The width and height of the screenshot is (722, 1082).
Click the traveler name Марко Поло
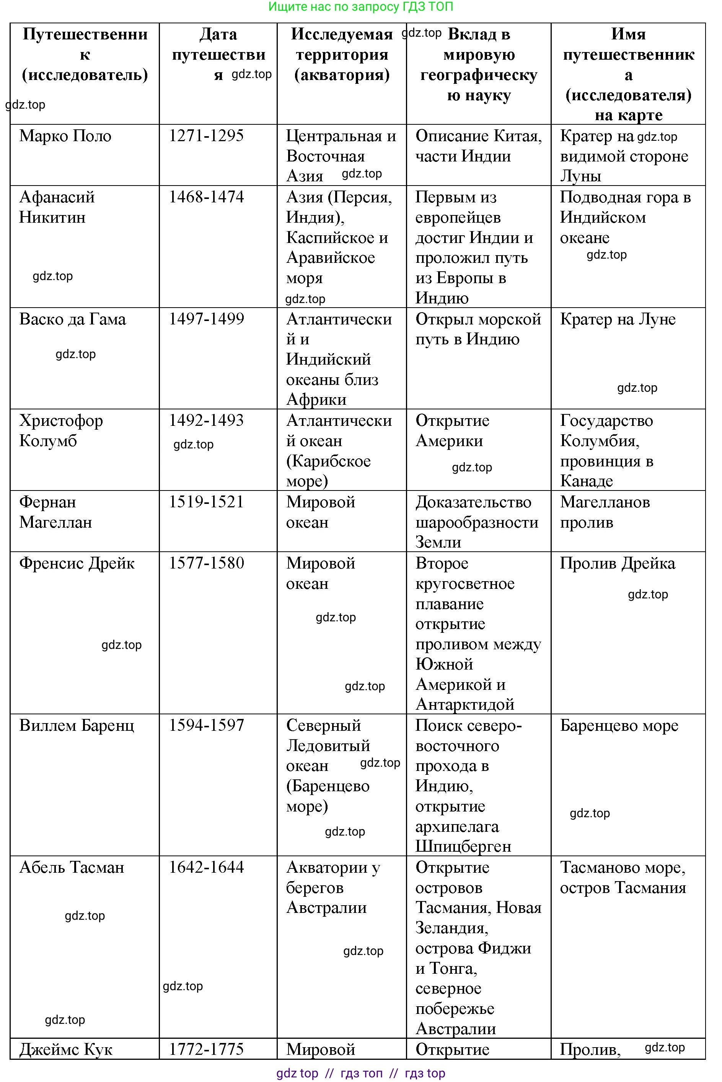(x=65, y=136)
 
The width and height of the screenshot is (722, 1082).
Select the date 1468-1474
(x=206, y=197)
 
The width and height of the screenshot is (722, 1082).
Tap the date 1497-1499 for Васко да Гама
(x=206, y=319)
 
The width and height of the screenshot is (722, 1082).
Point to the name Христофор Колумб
(x=61, y=430)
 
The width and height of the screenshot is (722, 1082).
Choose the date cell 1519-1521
(x=206, y=502)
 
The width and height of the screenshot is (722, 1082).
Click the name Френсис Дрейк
(x=77, y=564)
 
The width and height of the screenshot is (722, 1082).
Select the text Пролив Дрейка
(x=617, y=564)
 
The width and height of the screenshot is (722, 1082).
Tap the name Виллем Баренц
(x=77, y=726)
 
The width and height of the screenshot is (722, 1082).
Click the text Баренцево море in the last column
(x=619, y=726)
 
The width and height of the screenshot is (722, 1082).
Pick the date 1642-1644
(x=206, y=867)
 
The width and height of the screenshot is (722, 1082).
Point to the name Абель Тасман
(x=72, y=867)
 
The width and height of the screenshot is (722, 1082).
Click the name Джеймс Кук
(x=66, y=1049)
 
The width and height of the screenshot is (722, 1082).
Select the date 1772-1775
(x=206, y=1049)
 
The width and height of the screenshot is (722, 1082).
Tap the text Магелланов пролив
(x=605, y=512)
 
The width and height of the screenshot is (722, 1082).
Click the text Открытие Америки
(x=452, y=430)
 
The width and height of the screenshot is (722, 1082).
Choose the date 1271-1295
(x=206, y=136)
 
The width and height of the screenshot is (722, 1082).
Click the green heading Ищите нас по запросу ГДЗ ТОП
(x=360, y=7)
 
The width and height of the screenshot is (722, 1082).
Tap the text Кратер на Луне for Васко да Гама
(x=618, y=319)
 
